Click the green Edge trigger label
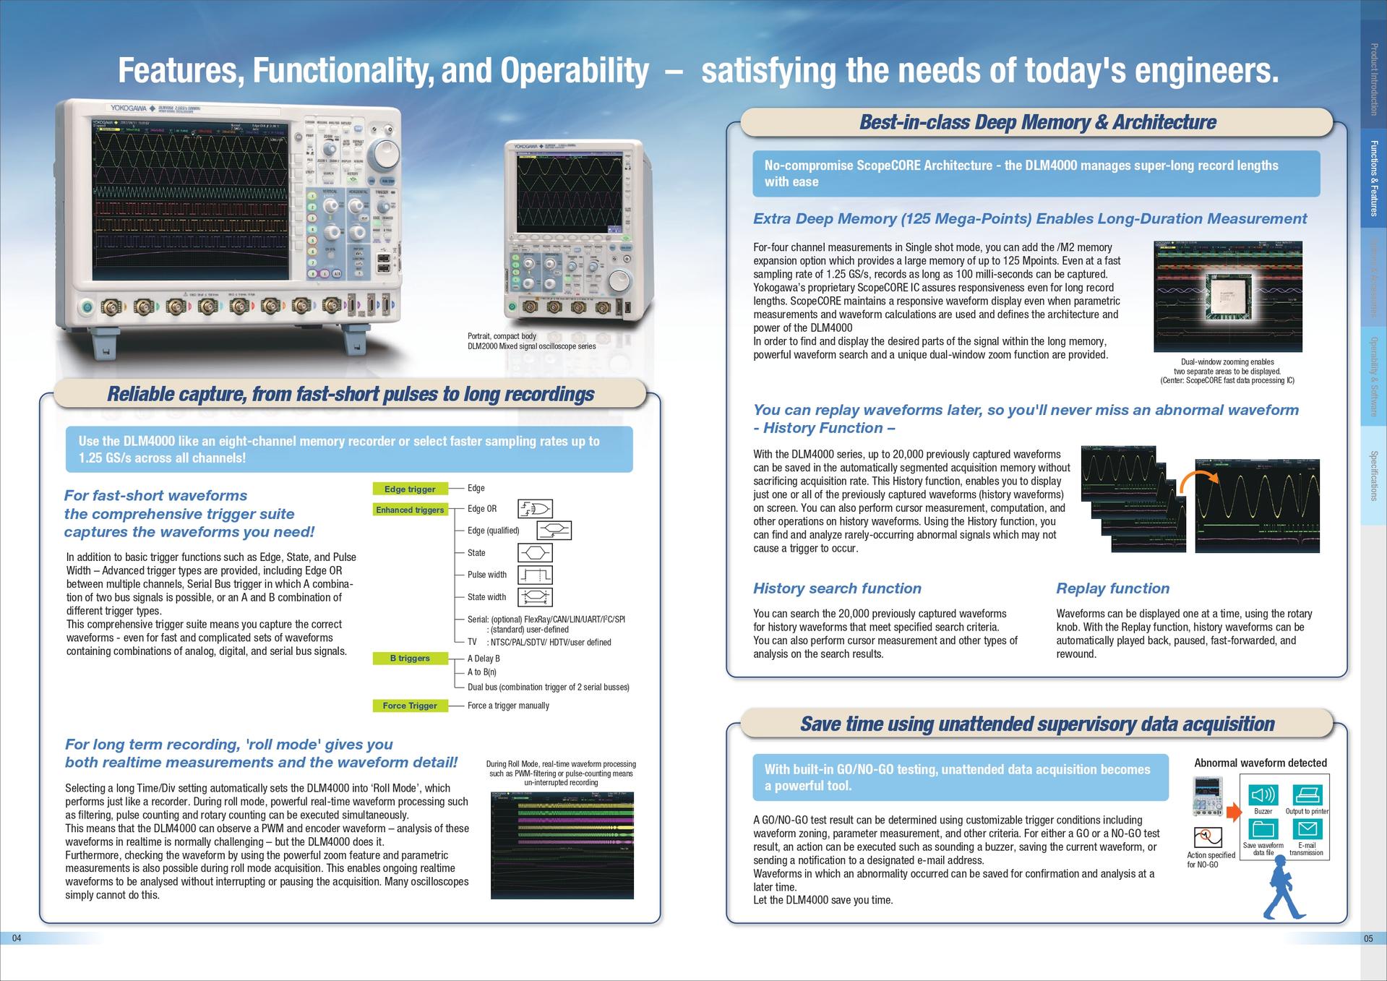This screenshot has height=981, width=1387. coord(410,489)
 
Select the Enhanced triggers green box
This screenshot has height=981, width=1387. coord(410,510)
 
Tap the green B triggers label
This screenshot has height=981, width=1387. coord(410,658)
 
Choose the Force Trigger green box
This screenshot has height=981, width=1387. coord(410,706)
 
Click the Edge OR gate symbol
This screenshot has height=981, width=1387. coord(535,509)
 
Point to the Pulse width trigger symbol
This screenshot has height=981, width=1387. coord(535,575)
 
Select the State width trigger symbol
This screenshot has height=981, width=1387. coord(535,597)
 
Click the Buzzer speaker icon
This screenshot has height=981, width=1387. coord(1263,795)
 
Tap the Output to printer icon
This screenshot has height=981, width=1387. coord(1307,795)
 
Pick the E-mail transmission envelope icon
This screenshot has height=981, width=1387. coord(1307,828)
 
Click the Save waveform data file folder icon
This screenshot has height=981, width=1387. coord(1263,828)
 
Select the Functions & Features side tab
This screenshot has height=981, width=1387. coord(1373,178)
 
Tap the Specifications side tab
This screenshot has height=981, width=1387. coord(1373,475)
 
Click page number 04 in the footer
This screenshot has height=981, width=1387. coord(17,938)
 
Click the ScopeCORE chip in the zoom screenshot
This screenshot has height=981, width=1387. coord(1228,296)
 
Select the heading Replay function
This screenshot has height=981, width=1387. coord(1112,588)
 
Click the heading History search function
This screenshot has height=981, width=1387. coord(837,588)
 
